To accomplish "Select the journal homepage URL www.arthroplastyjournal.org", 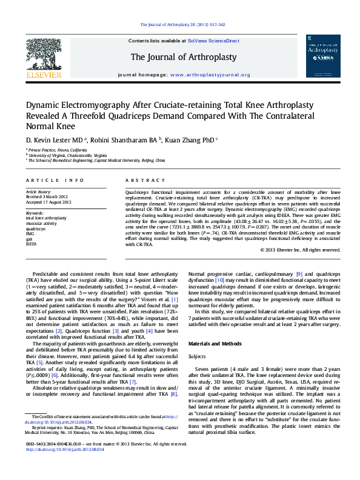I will pyautogui.click(x=210, y=75).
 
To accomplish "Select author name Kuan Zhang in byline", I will pyautogui.click(x=190, y=139).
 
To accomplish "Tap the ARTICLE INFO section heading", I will pyautogui.click(x=55, y=181).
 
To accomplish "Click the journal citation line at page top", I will pyautogui.click(x=182, y=25).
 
